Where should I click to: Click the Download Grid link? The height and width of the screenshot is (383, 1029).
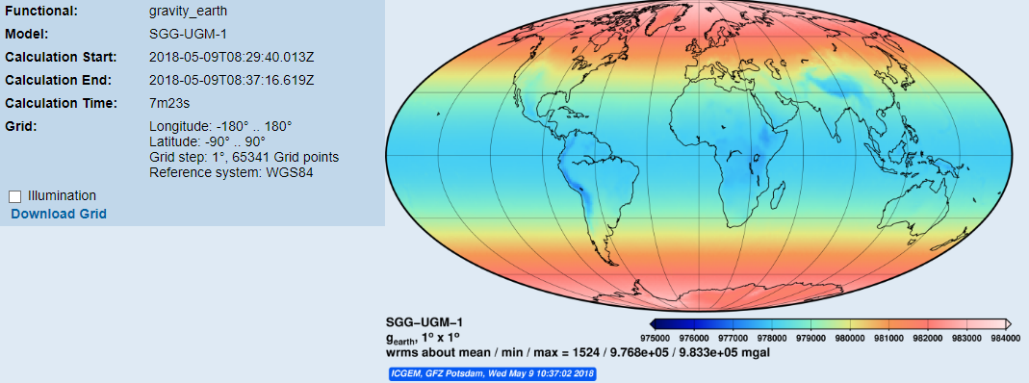point(59,214)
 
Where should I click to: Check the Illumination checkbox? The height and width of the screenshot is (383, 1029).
point(14,196)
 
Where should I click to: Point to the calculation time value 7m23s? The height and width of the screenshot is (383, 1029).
point(170,103)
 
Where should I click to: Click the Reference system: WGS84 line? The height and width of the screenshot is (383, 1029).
point(231,172)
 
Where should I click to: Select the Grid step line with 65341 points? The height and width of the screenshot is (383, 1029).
point(244,157)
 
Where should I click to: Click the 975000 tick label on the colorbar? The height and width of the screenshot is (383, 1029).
point(656,338)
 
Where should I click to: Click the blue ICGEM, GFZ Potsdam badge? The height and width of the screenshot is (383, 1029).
point(493,371)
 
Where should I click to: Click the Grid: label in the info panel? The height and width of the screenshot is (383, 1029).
point(20,126)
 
